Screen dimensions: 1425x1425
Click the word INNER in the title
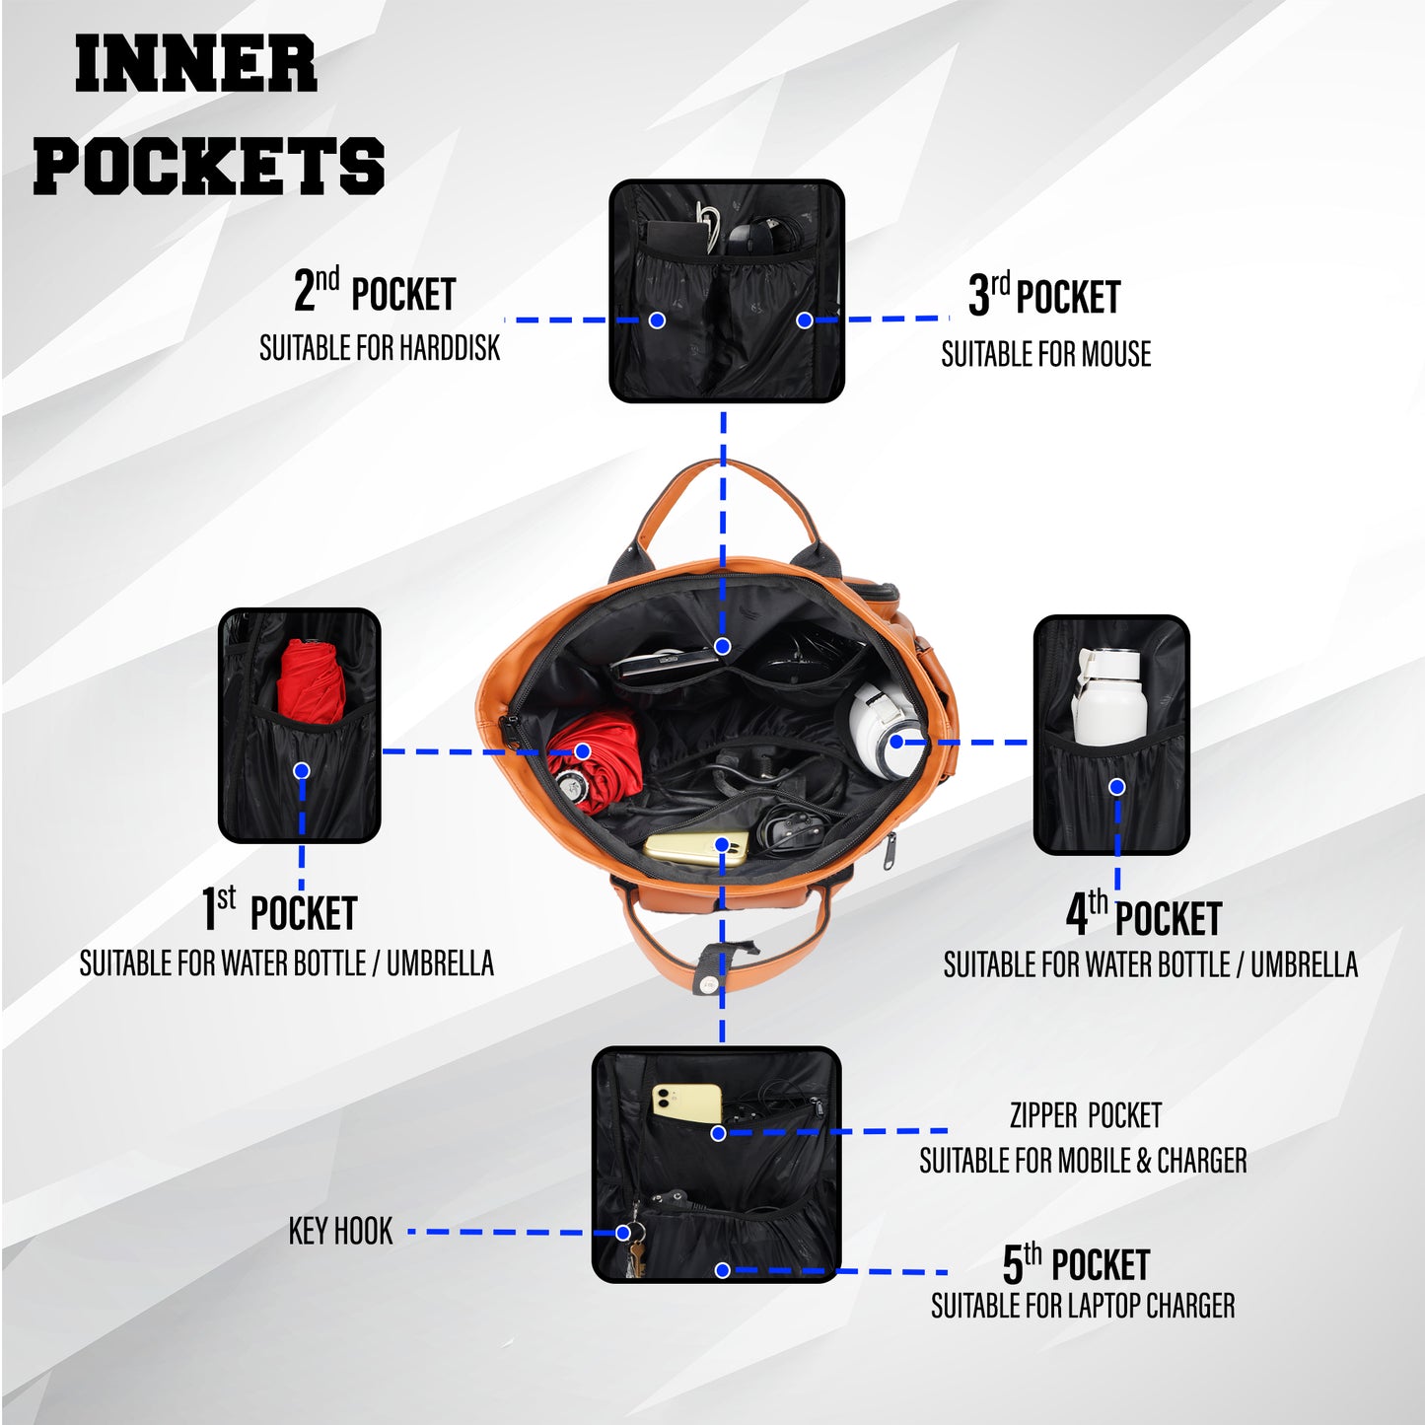[x=196, y=65]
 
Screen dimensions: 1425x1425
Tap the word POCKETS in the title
[x=209, y=166]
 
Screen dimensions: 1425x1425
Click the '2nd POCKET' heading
[x=375, y=291]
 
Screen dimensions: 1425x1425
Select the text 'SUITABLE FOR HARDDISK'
[x=380, y=348]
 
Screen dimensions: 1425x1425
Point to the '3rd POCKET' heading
[x=1044, y=294]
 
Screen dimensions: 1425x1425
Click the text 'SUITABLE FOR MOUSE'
[x=1045, y=353]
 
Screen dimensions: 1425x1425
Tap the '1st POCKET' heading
[x=279, y=909]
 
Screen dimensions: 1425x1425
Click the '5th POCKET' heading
[x=1076, y=1264]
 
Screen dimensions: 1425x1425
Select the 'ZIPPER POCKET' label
[x=1086, y=1115]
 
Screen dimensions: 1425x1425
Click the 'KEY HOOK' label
[x=341, y=1232]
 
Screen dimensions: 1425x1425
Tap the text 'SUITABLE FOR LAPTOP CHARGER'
[x=1083, y=1306]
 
